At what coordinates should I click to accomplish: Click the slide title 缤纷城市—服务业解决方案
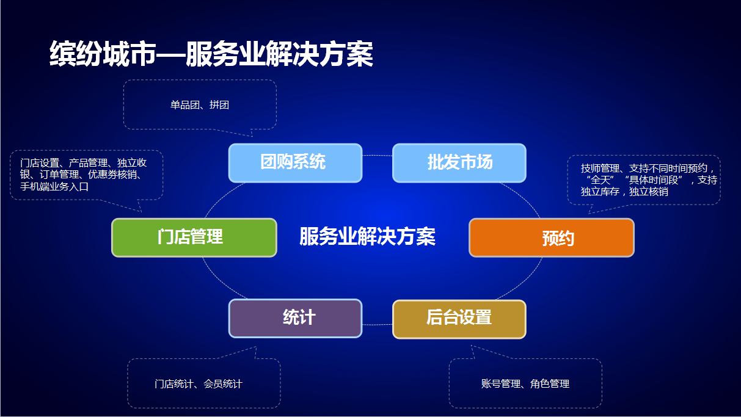tap(211, 54)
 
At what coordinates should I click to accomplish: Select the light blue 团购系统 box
tap(295, 162)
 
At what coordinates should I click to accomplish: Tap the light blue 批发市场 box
tap(459, 162)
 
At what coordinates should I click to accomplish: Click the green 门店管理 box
tap(194, 238)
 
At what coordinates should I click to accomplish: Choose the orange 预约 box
tap(552, 238)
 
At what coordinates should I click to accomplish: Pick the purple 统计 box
tap(295, 318)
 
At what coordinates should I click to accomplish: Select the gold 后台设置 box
tap(459, 319)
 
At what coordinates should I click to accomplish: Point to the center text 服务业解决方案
tap(367, 236)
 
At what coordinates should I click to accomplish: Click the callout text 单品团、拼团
tap(200, 105)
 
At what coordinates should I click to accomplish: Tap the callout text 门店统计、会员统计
tap(199, 384)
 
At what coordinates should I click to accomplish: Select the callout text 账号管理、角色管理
tap(525, 384)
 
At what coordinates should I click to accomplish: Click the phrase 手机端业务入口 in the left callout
tap(54, 187)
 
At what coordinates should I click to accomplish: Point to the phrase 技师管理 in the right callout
tap(600, 169)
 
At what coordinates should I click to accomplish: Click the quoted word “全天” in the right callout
tap(600, 180)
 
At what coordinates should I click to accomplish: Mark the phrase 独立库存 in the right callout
tap(600, 192)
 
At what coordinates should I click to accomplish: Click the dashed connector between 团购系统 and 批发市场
tap(378, 155)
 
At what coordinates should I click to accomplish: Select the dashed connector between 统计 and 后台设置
tap(378, 325)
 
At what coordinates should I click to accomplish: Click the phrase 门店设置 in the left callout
tap(39, 162)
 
